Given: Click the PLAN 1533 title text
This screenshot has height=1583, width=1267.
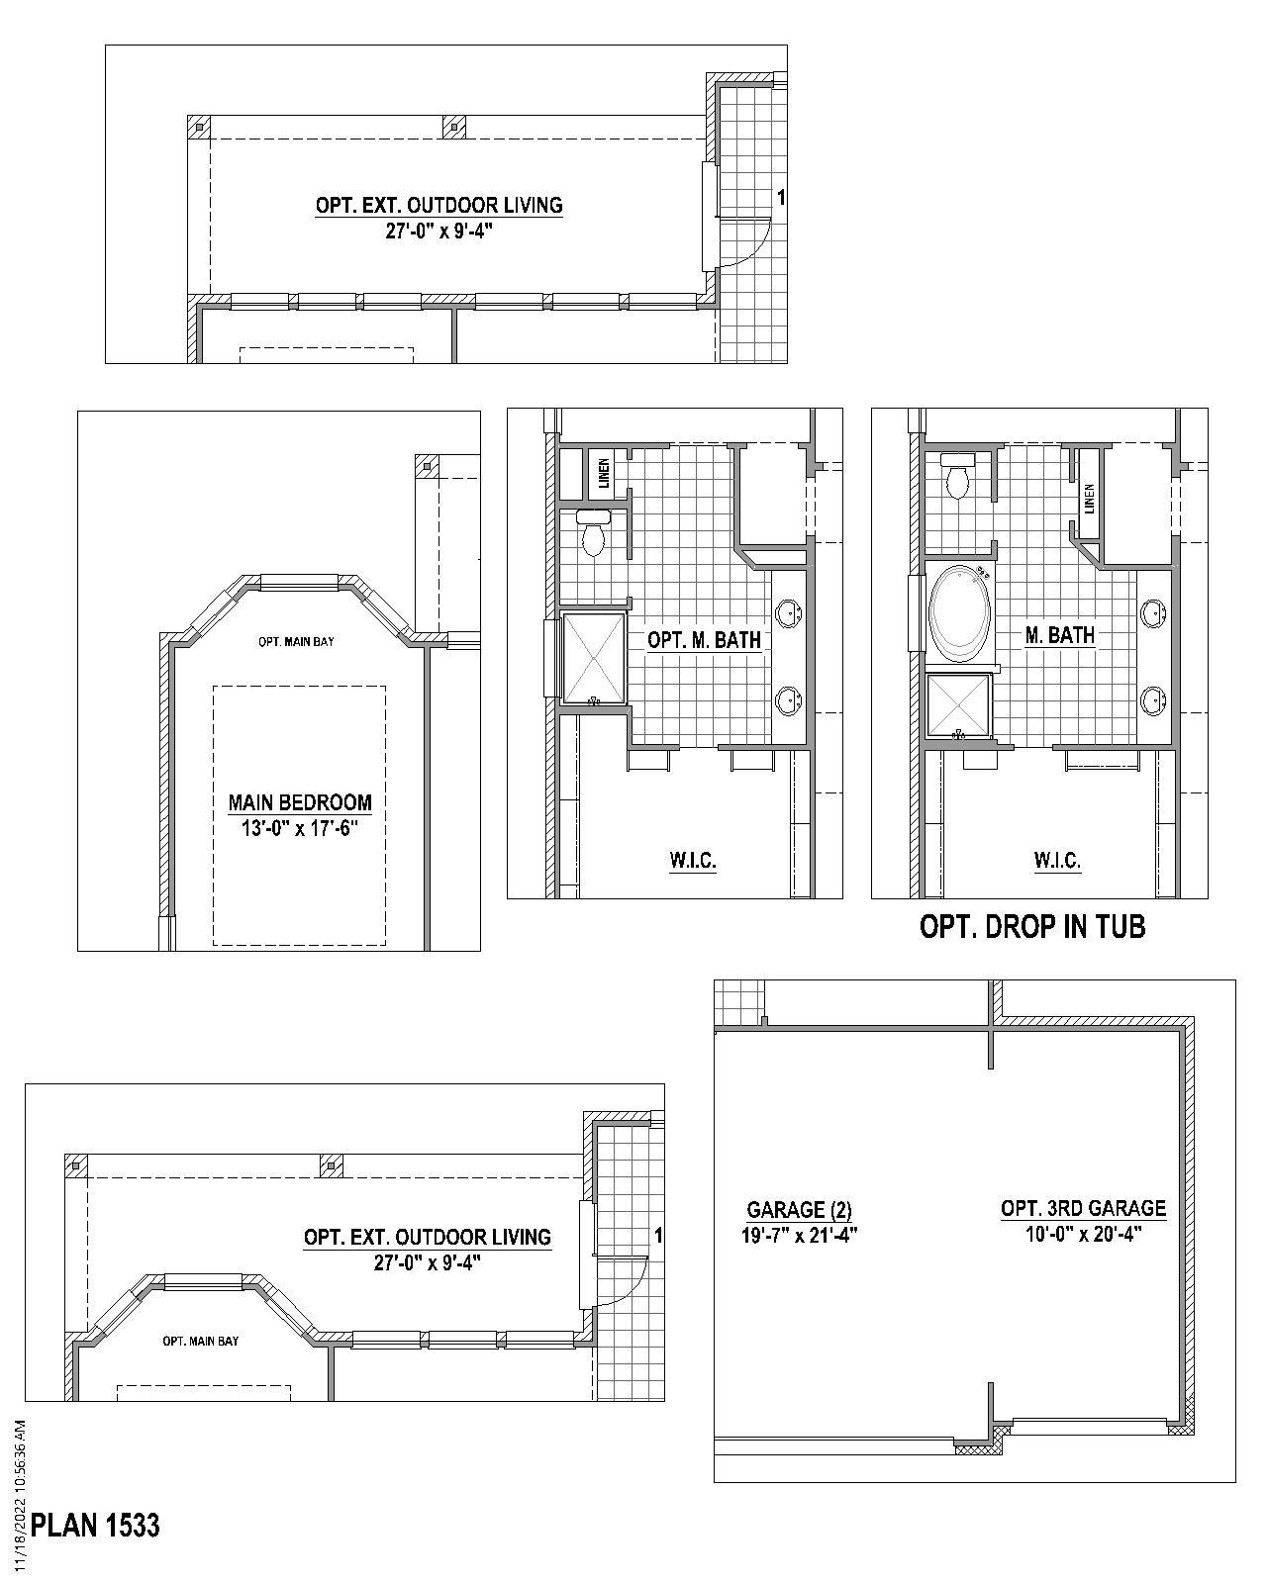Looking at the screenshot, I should click(95, 1526).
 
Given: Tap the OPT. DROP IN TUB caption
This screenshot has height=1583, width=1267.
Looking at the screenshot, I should click(1032, 927).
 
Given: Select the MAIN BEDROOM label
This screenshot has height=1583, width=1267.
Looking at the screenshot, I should click(300, 802).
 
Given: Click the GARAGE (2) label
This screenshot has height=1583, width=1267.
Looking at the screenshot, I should click(799, 1209).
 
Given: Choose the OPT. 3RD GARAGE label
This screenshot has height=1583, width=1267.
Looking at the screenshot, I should click(1083, 1208).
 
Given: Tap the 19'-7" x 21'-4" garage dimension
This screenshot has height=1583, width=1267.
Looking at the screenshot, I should click(799, 1234).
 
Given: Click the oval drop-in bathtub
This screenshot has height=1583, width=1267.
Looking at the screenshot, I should click(958, 613).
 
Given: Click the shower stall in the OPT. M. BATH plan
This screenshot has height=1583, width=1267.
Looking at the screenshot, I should click(594, 658).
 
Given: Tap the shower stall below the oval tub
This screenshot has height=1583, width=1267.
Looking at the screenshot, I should click(958, 706).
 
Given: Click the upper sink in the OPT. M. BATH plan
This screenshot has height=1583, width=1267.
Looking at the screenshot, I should click(789, 613).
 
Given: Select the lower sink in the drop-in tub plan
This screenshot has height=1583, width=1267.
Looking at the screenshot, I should click(1153, 700).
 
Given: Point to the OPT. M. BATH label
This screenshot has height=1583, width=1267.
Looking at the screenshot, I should click(704, 640).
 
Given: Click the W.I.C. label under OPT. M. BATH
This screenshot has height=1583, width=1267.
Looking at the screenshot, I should click(693, 861).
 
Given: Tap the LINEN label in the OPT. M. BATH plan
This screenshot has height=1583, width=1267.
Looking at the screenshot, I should click(604, 476).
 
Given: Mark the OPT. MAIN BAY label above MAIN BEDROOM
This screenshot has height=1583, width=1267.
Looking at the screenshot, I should click(296, 641).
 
